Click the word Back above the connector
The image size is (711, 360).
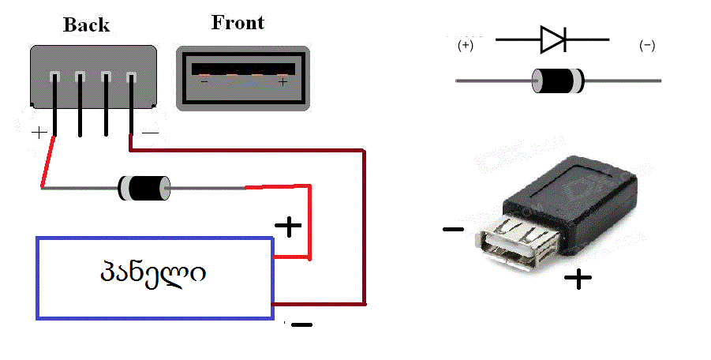86,24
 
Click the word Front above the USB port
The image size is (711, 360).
238,22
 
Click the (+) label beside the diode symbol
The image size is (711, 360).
466,47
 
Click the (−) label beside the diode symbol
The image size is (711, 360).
647,47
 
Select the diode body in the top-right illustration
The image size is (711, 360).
558,79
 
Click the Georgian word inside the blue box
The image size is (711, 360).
153,274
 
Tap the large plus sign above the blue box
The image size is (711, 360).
288,227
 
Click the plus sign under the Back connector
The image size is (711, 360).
39,133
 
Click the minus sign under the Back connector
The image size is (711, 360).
149,133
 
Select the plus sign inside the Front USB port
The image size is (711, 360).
283,81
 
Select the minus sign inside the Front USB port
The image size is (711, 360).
204,81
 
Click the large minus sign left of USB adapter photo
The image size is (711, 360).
453,230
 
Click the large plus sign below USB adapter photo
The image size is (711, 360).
579,278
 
